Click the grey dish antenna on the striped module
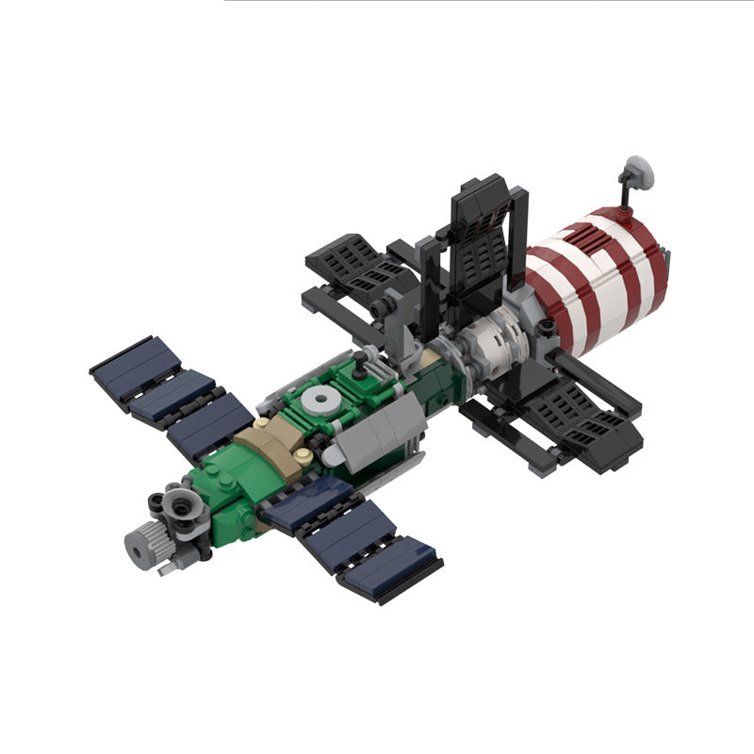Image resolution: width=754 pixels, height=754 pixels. coord(639,170)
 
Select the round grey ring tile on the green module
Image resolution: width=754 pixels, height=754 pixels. coord(326,400)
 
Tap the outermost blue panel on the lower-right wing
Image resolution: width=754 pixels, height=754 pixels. coord(391,569)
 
